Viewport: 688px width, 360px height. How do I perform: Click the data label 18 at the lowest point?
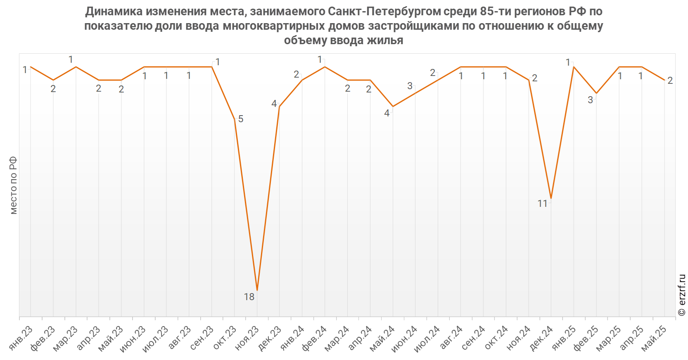(249, 297)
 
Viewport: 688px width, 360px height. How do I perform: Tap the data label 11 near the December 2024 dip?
(542, 204)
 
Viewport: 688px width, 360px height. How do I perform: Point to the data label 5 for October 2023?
(241, 119)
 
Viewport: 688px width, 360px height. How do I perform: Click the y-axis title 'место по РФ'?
(14, 185)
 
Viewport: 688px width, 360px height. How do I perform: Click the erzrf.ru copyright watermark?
(682, 295)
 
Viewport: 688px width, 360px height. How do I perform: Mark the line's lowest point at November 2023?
(257, 290)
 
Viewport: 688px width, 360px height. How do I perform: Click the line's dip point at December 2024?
(551, 199)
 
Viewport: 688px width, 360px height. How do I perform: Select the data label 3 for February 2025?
(590, 100)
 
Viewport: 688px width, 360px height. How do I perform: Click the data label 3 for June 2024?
(410, 86)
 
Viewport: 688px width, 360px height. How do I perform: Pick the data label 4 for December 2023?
(274, 104)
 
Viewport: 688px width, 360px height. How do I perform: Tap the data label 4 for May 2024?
(387, 113)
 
